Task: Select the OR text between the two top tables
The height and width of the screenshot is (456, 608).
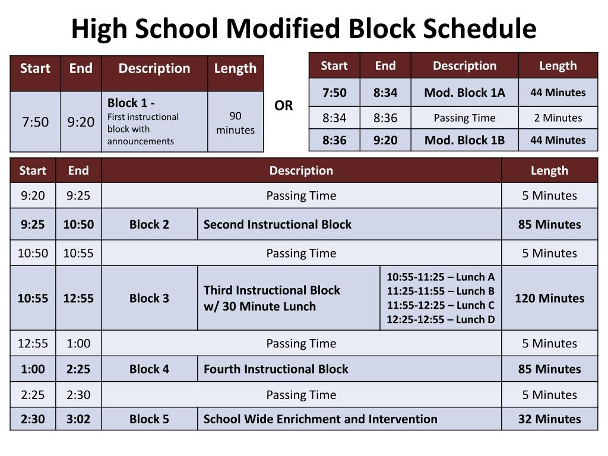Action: click(283, 106)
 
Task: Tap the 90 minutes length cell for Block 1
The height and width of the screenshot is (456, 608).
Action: click(235, 122)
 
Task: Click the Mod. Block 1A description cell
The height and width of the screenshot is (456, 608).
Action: click(464, 93)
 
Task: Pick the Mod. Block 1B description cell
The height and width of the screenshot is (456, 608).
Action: click(464, 140)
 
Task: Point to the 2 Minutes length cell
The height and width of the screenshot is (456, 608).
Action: click(558, 118)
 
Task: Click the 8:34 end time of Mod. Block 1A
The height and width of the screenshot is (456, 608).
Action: click(385, 93)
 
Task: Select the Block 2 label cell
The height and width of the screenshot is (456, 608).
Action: click(149, 224)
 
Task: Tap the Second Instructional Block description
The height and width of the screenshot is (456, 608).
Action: click(277, 224)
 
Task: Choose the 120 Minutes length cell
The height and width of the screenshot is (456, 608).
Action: click(549, 298)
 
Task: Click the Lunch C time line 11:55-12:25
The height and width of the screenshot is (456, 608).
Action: click(441, 305)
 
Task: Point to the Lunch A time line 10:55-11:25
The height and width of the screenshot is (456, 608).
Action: click(441, 277)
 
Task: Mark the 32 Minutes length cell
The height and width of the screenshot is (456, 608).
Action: click(549, 419)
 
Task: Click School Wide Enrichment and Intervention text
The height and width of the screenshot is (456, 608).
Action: click(320, 419)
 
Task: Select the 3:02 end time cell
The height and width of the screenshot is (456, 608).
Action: click(78, 419)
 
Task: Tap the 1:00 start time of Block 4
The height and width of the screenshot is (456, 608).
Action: click(33, 369)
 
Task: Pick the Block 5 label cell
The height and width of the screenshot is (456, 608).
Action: click(149, 419)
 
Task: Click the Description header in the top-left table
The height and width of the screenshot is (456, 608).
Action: click(154, 68)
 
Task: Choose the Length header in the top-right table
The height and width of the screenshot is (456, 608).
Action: click(558, 65)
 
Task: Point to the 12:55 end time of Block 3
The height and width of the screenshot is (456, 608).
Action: click(78, 298)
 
